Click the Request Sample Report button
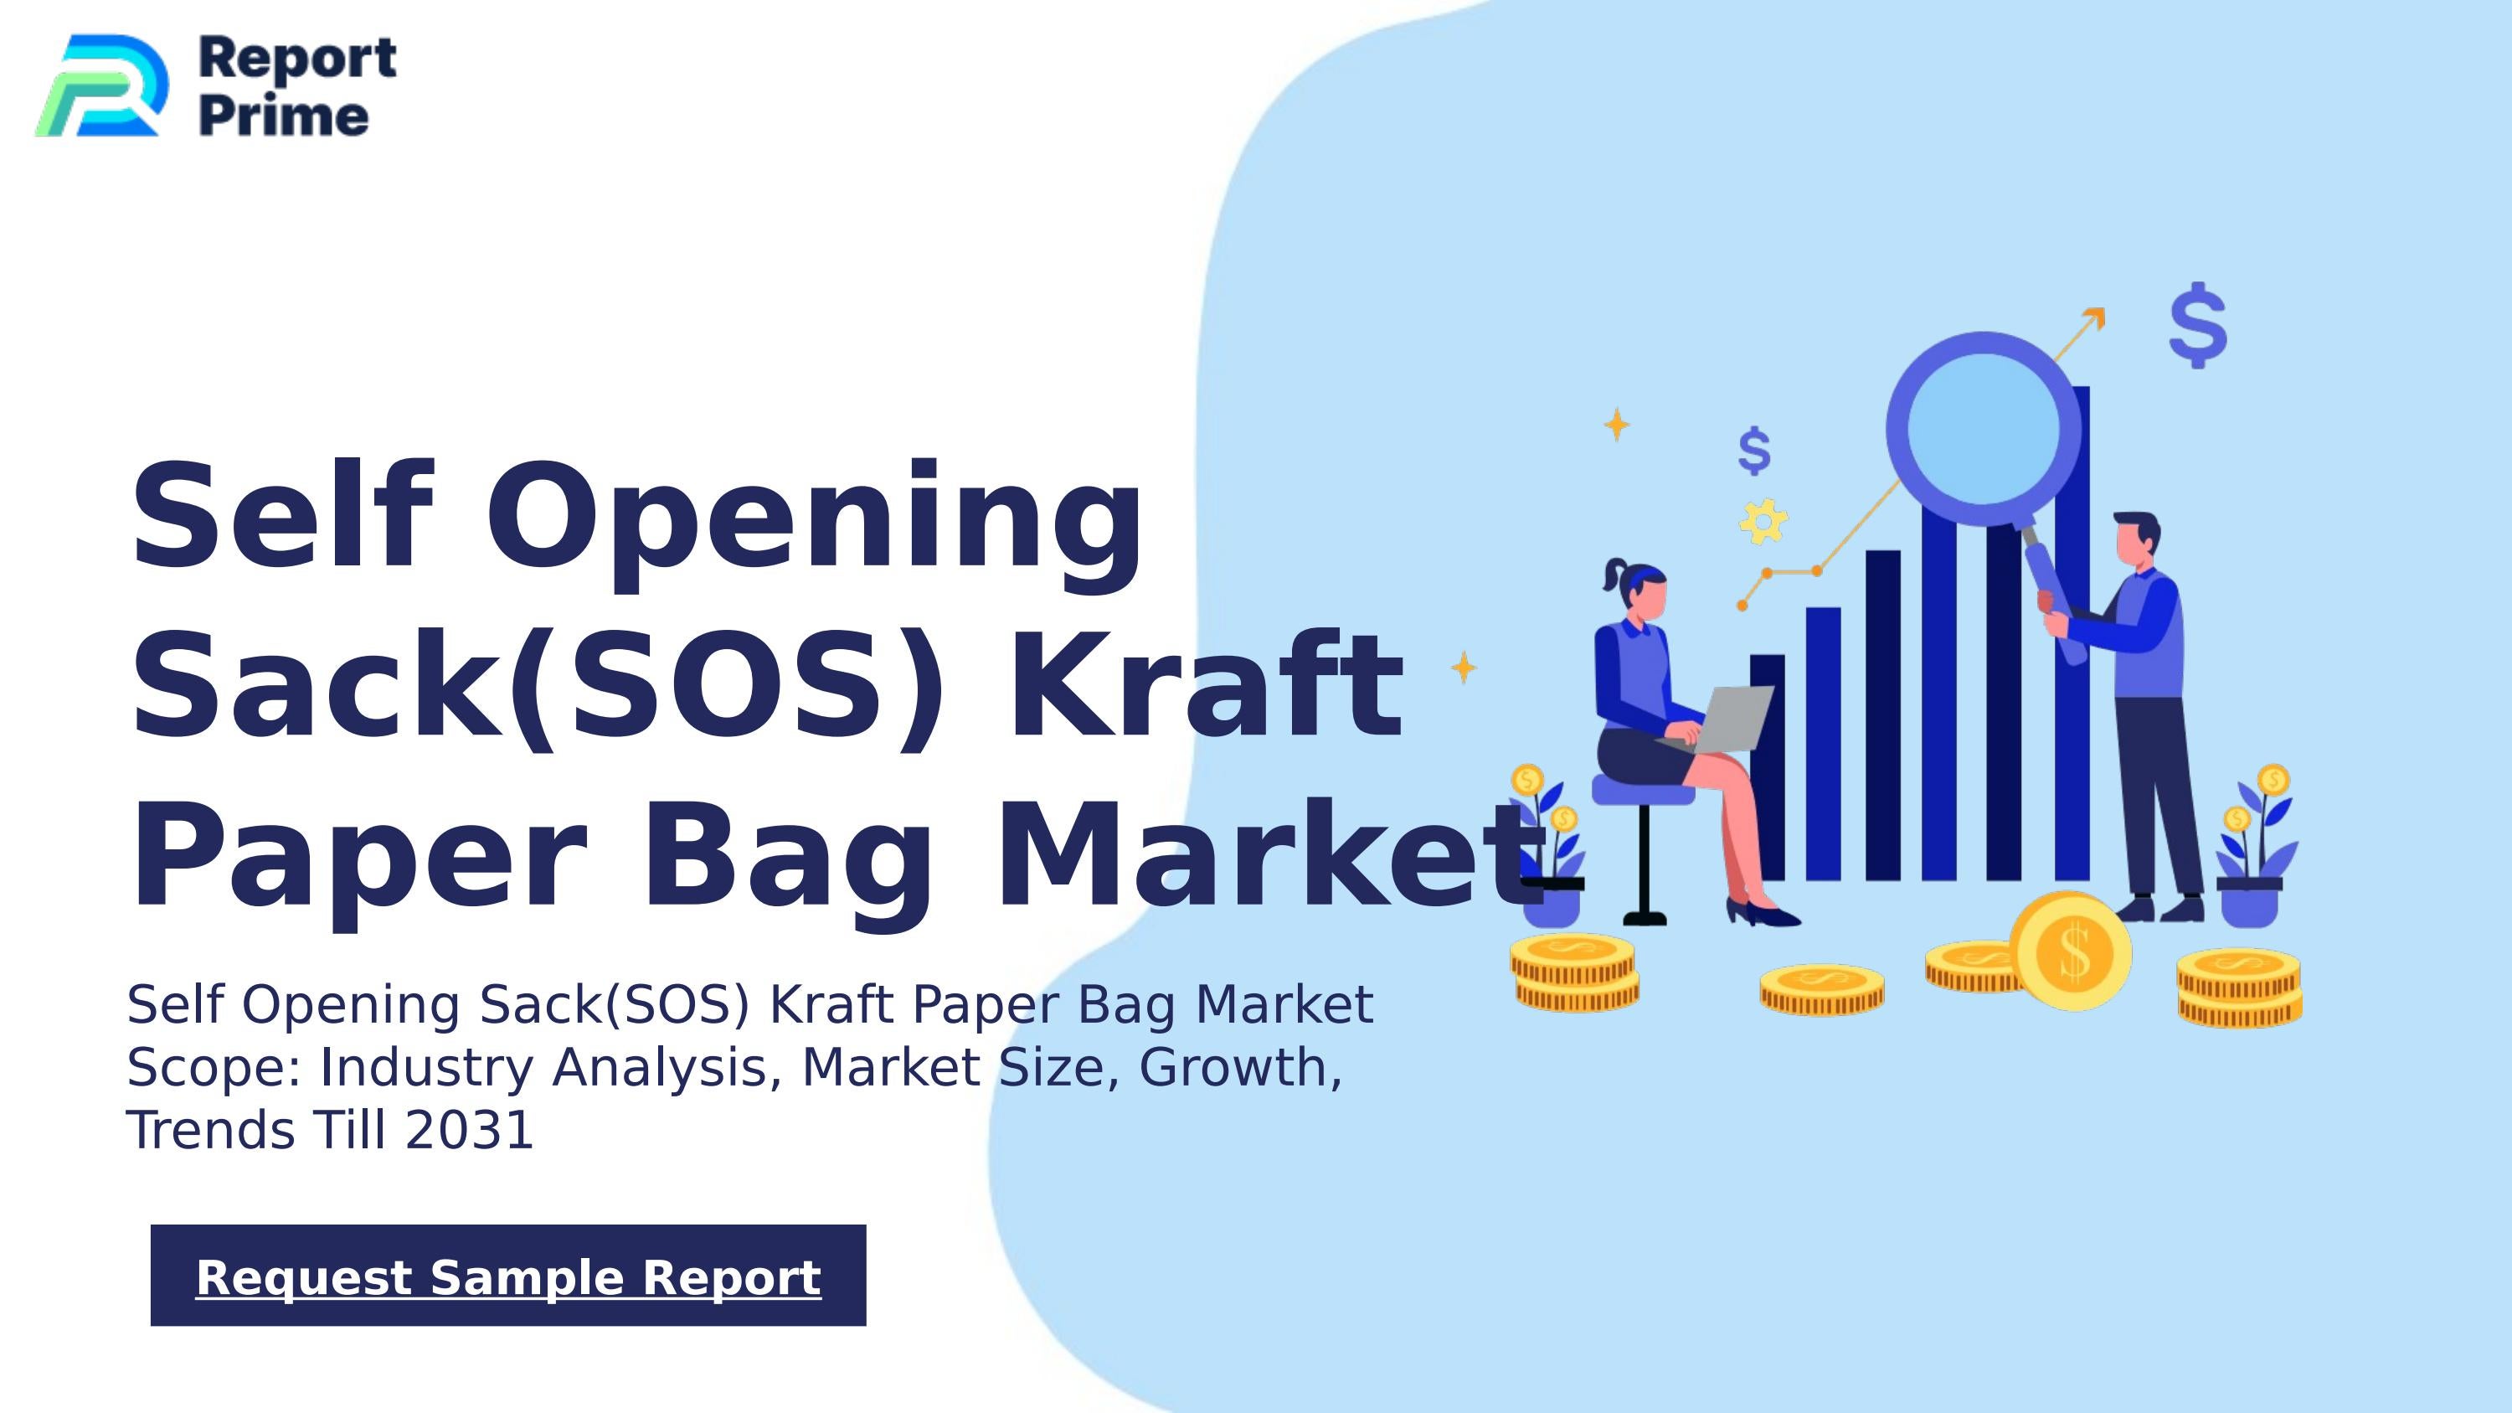(x=508, y=1276)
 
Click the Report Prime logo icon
(x=101, y=85)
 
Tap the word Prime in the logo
(x=284, y=117)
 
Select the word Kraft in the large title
(x=1205, y=685)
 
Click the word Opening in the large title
(x=813, y=516)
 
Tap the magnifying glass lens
(x=1983, y=429)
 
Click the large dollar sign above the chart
(x=2198, y=325)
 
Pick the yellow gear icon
(x=1763, y=521)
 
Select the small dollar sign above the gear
(x=1754, y=451)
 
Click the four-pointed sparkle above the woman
(x=1617, y=424)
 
